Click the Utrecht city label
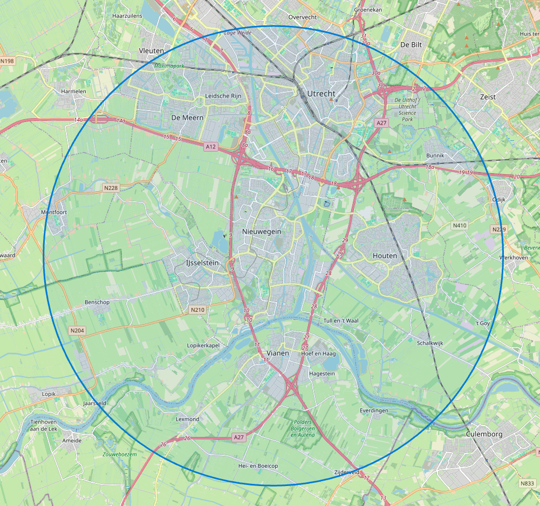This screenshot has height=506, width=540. (321, 93)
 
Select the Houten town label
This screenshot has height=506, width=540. (385, 256)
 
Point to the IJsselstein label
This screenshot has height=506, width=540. (199, 263)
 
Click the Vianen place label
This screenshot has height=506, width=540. (278, 353)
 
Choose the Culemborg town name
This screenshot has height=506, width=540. (484, 434)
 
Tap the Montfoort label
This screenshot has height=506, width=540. (54, 213)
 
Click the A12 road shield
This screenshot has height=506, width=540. (211, 146)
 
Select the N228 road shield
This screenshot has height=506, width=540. (110, 188)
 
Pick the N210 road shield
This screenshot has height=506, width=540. (197, 310)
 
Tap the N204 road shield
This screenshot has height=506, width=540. (77, 330)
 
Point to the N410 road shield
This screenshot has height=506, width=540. (460, 225)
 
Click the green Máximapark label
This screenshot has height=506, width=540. (169, 66)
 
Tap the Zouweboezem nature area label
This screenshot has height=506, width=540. (119, 454)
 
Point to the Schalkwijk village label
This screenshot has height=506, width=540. (430, 343)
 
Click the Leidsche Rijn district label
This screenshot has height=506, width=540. (225, 96)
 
